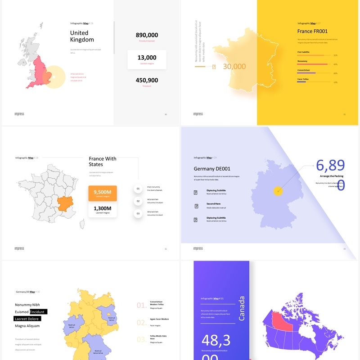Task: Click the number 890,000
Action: point(147,35)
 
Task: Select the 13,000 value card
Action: point(147,59)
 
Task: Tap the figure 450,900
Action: point(147,81)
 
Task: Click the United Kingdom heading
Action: point(82,36)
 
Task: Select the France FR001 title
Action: point(312,31)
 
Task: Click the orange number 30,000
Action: point(234,67)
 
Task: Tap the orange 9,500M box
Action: point(103,193)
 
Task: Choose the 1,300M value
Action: point(103,209)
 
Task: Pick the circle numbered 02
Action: point(138,201)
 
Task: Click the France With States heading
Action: point(103,162)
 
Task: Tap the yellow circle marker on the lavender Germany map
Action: point(279,191)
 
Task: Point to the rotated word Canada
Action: point(241,308)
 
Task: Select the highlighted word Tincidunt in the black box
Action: point(38,311)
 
